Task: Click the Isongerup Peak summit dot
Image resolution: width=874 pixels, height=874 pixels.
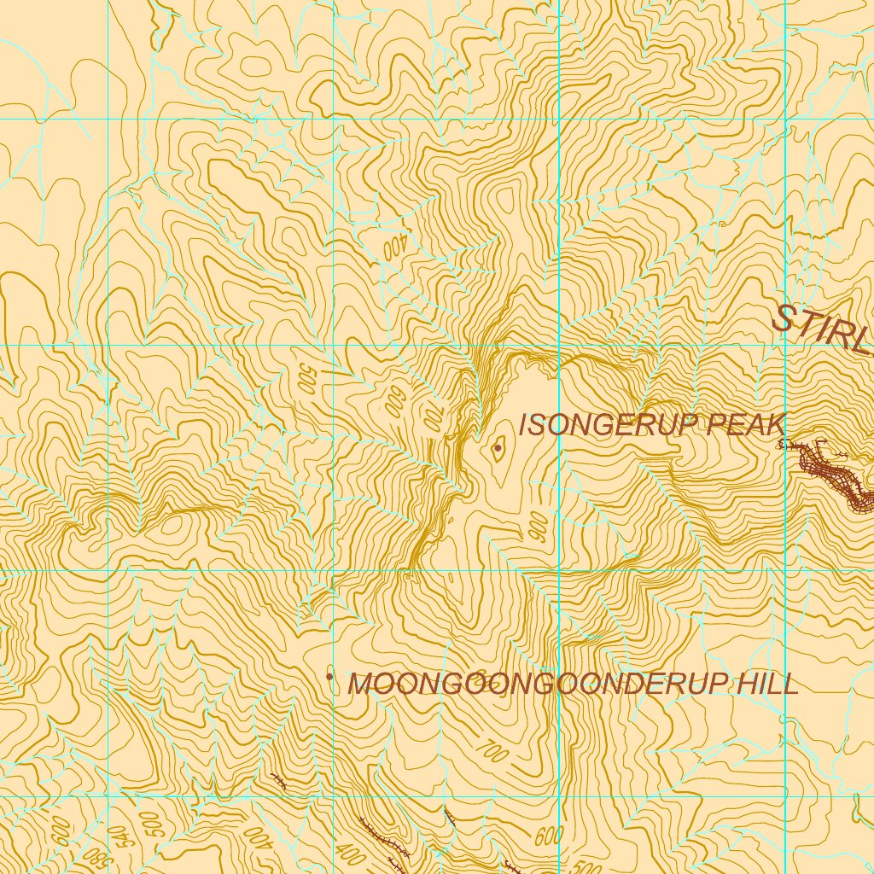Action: (498, 446)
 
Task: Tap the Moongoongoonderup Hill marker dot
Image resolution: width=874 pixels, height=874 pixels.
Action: (330, 676)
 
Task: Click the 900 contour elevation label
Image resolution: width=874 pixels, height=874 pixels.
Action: (539, 529)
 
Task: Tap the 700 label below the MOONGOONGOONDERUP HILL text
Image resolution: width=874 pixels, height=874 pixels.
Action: (490, 751)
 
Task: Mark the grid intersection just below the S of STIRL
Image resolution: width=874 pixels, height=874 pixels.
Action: (784, 345)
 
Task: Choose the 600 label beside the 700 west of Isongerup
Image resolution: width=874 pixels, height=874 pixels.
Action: (393, 399)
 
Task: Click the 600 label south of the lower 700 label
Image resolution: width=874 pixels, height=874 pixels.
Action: (551, 836)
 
